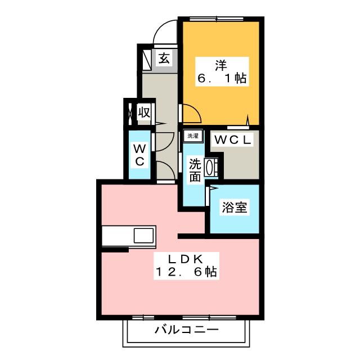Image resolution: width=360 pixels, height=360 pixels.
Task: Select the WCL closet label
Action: pos(232,139)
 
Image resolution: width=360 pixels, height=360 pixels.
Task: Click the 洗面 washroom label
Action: pos(195,170)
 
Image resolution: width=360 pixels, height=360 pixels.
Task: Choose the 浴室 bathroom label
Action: pos(235,208)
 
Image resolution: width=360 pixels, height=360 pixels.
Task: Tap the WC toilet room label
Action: pos(139,155)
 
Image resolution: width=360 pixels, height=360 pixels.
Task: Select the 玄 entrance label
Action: pos(163,58)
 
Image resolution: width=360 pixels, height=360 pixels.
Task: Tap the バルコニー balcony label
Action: pos(186,330)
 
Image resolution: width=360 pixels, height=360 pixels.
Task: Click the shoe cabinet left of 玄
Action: pos(146,58)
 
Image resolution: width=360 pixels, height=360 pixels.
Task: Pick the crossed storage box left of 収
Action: pos(130,112)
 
